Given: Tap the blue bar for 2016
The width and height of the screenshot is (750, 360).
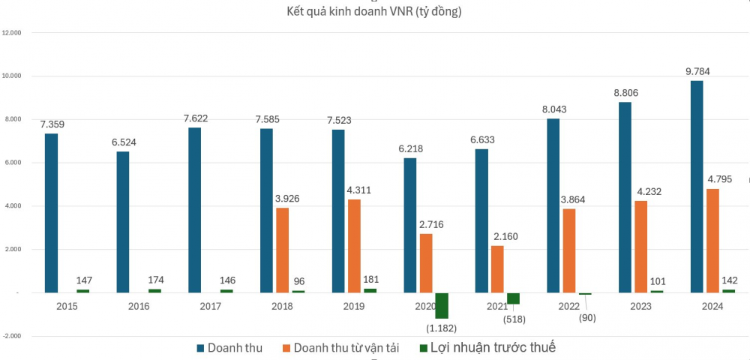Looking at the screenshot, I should click(x=122, y=222).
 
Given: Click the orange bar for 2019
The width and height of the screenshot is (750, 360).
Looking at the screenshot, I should click(x=353, y=246).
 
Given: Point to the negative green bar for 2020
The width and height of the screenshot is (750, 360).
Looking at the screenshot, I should click(x=442, y=305).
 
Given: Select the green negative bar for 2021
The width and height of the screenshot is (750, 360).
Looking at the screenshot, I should click(x=513, y=298).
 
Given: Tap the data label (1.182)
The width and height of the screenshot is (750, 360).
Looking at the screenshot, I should click(x=442, y=328).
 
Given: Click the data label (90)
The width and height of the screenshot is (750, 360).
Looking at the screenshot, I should click(x=586, y=317).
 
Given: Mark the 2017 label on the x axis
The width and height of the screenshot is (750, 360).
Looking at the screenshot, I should click(x=210, y=306).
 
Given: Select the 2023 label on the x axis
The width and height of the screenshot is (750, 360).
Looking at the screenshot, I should click(x=641, y=306).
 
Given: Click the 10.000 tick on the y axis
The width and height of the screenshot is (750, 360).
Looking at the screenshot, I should click(x=13, y=76).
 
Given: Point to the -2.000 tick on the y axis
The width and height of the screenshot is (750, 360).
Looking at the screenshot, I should click(x=13, y=336).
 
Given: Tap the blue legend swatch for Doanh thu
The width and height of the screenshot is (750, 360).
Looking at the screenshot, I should click(x=200, y=349).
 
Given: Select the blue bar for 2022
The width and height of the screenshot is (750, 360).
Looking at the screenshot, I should click(x=553, y=205).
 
